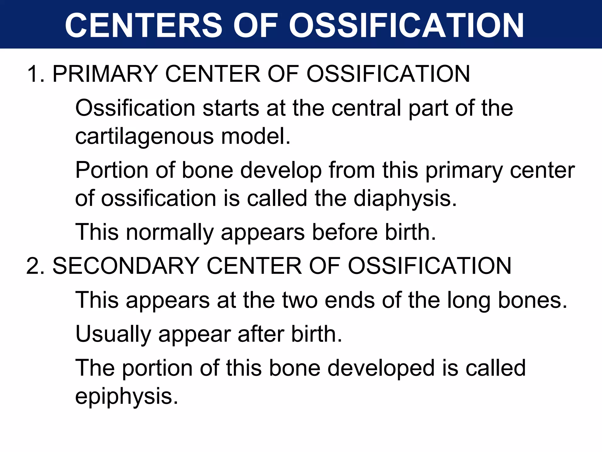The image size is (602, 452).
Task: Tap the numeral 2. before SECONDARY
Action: (x=35, y=266)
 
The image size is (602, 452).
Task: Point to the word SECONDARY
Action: (x=126, y=266)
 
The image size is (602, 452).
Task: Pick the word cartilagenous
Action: (x=144, y=137)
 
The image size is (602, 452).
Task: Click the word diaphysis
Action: (x=405, y=199)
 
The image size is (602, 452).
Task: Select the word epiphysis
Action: (x=127, y=396)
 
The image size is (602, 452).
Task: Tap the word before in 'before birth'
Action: (x=345, y=232)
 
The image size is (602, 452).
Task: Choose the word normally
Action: (x=170, y=232)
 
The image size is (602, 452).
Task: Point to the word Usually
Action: (x=113, y=334)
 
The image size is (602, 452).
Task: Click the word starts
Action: (x=231, y=108)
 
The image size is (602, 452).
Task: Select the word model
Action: (x=255, y=137)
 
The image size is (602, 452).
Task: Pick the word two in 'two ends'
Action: (x=300, y=300)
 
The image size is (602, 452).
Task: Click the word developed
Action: (x=381, y=368)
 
